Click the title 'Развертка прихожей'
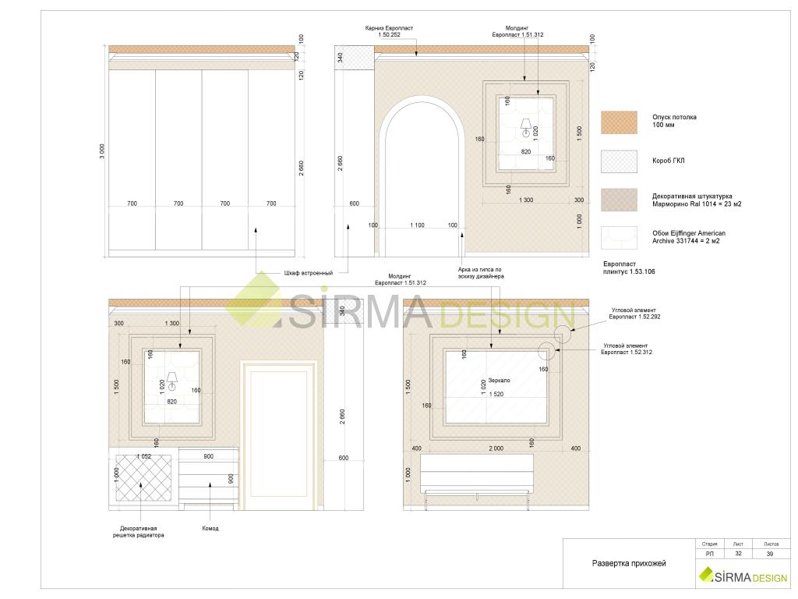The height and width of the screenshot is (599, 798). (629, 563)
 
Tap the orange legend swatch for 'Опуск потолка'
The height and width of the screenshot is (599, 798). (619, 122)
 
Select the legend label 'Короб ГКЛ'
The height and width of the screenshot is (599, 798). (668, 161)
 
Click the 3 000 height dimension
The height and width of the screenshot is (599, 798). (102, 151)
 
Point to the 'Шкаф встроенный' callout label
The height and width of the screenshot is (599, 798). (309, 273)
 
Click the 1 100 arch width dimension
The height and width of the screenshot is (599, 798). (418, 225)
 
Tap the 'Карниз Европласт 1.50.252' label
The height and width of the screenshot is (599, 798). (389, 31)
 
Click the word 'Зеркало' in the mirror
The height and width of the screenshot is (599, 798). (499, 381)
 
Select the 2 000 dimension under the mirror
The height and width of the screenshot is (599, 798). (496, 448)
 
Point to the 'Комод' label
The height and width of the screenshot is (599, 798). (210, 528)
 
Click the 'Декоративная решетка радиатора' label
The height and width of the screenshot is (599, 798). (139, 532)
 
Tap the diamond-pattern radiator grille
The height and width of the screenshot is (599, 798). (143, 478)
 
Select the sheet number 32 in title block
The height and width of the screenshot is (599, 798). (738, 554)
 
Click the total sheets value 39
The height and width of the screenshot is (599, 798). (770, 554)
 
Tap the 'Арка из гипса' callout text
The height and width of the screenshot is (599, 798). (480, 273)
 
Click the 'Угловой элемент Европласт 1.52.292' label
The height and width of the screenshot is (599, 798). (634, 314)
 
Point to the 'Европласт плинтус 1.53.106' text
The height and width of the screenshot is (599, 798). (629, 268)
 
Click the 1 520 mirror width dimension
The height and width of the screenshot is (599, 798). (496, 394)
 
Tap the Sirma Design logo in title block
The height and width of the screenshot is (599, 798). (743, 576)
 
